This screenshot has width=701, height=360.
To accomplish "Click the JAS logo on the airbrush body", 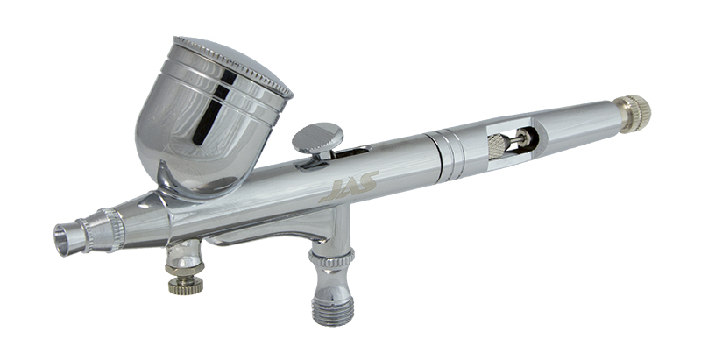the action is [x=349, y=187].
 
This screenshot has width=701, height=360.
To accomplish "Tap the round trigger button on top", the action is [x=318, y=138].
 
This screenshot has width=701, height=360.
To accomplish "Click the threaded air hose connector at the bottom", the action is [x=333, y=309].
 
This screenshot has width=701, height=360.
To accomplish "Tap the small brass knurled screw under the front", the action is [x=186, y=285].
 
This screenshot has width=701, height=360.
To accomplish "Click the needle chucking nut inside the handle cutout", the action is [x=499, y=145].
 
